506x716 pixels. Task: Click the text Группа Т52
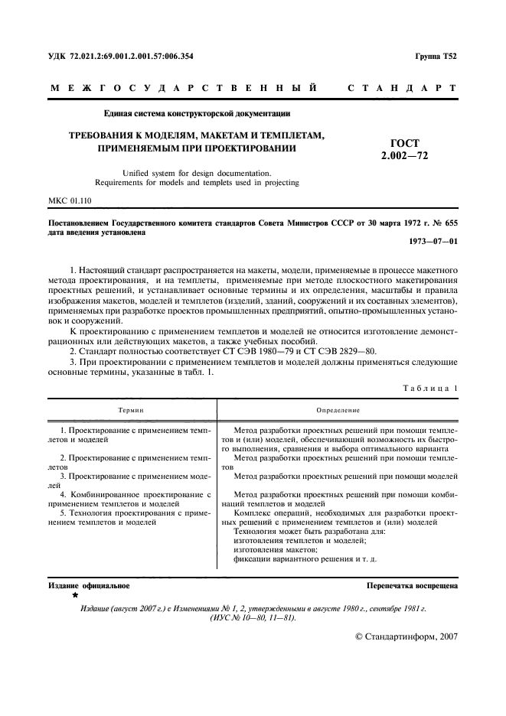tap(436, 57)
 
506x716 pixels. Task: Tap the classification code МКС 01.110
tap(69, 202)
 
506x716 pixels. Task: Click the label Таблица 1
tap(430, 388)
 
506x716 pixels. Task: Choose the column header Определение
tap(338, 411)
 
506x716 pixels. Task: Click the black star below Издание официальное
tap(75, 594)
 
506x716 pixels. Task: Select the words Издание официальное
tap(89, 585)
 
